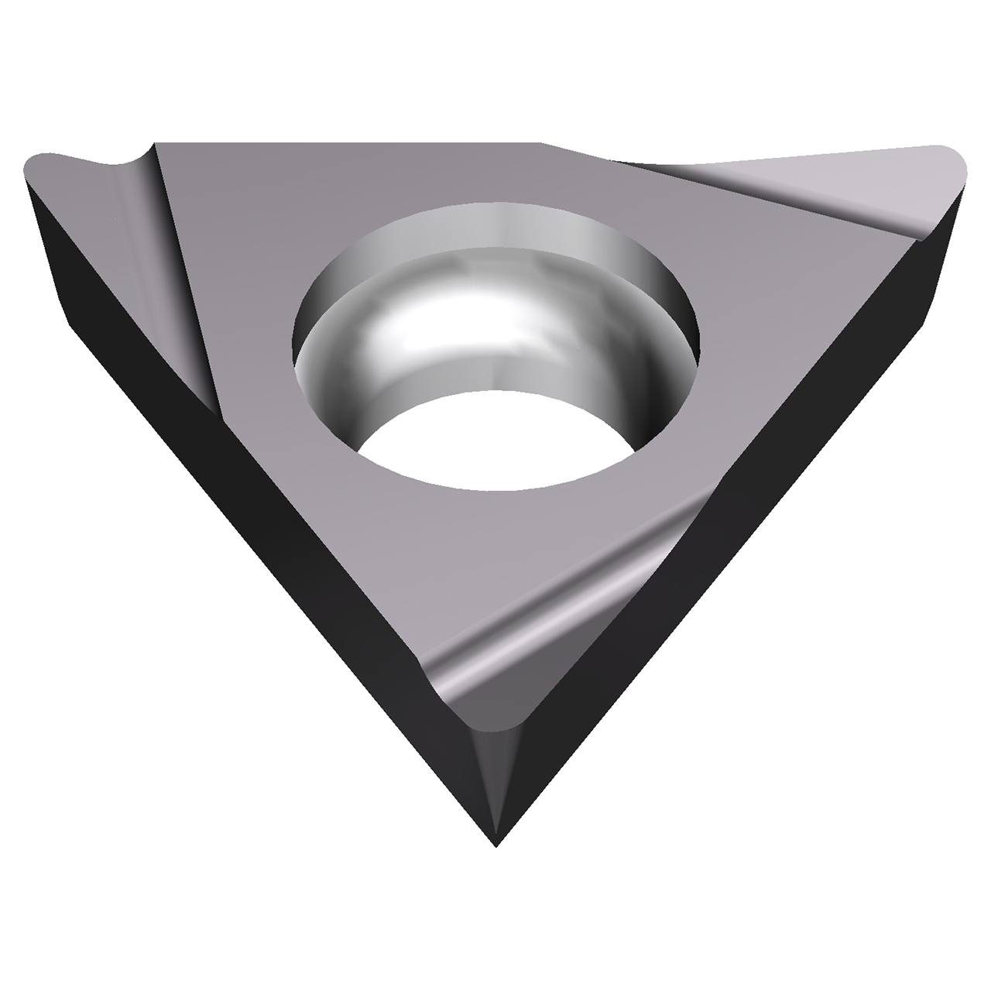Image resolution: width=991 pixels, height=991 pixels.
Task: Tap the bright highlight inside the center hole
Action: click(403, 325)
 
